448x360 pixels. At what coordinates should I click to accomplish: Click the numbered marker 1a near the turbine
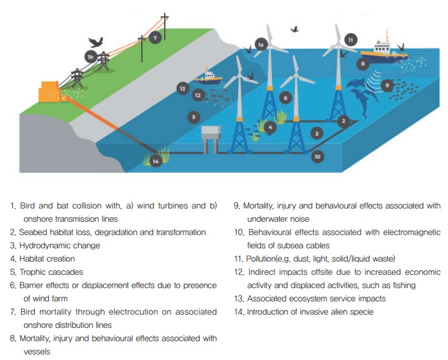pos(261,45)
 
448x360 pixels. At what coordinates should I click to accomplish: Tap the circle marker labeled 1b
pos(90,57)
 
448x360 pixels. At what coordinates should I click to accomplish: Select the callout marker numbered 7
pos(155,38)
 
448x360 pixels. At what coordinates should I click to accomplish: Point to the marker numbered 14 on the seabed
pos(156,162)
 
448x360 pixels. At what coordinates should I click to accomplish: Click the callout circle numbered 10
pos(317,157)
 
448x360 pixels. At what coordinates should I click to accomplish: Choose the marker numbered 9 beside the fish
pos(387,85)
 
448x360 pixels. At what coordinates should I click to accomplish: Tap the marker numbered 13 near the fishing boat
pos(183,89)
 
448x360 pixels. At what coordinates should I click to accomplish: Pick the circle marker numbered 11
pos(350,40)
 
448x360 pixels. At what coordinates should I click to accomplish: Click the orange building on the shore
pos(49,92)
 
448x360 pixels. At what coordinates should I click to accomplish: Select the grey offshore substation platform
pos(211,139)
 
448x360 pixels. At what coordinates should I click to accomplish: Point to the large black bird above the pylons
pos(96,42)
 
